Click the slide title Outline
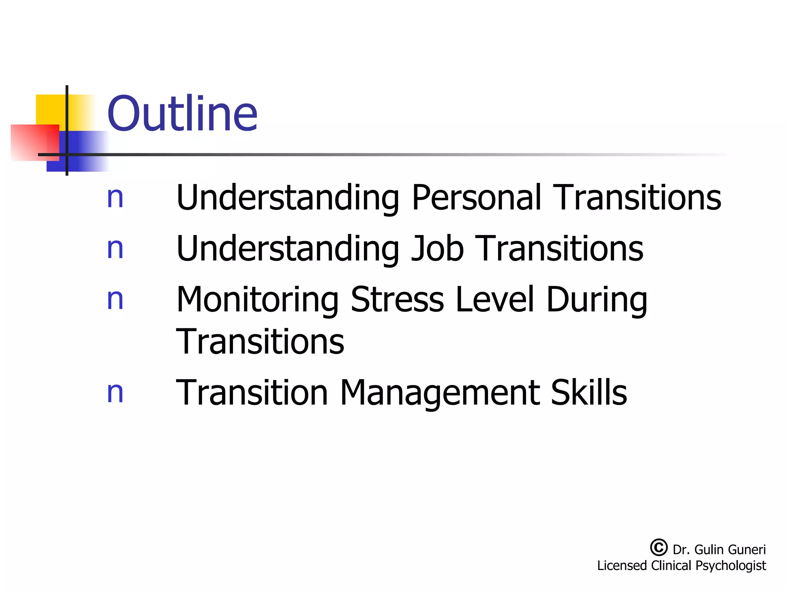pos(182,114)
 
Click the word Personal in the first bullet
pos(476,197)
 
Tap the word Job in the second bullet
pos(437,249)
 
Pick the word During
pos(597,300)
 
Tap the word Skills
pos(589,393)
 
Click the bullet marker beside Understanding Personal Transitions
pos(115,198)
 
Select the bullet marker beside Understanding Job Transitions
pos(115,249)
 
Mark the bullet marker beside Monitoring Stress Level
pos(115,300)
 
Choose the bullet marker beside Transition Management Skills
pos(115,393)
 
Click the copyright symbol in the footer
pos(659,547)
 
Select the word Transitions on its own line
pos(260,341)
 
